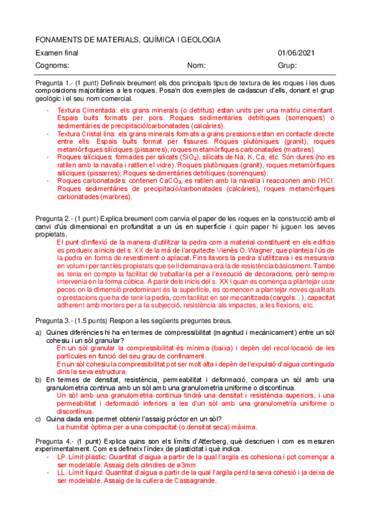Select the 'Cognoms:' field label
[52, 65]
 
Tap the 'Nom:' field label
[196, 65]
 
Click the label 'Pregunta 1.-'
[54, 83]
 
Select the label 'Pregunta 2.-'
[54, 219]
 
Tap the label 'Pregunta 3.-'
[54, 321]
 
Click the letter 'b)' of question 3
[38, 379]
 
